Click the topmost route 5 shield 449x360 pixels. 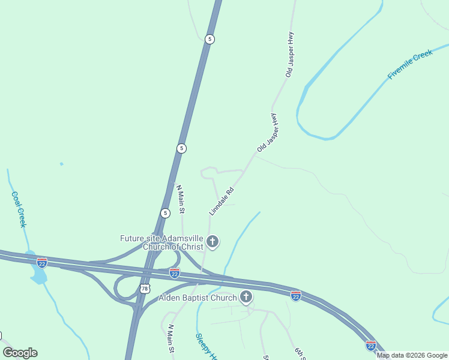(209, 39)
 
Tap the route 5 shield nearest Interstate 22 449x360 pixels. (165, 213)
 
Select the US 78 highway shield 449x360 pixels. (143, 289)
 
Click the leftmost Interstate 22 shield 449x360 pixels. (41, 263)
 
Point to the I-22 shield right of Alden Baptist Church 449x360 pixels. (295, 296)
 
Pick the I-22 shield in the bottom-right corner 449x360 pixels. (371, 346)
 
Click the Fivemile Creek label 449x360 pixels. (410, 65)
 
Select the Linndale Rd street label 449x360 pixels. (221, 201)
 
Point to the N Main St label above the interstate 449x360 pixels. (180, 199)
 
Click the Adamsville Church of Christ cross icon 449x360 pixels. (212, 242)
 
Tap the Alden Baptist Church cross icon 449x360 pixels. (246, 296)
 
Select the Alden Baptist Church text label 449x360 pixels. (197, 298)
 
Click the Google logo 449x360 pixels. (20, 353)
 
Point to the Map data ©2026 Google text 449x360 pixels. (412, 355)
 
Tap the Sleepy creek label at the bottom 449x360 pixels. (205, 347)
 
